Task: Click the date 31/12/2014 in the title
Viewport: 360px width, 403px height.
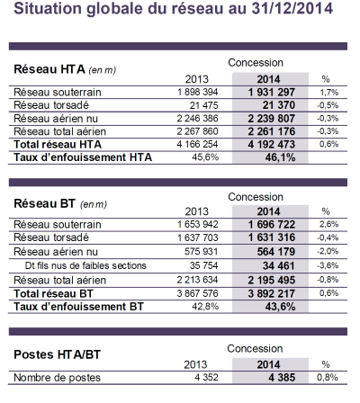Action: pos(292,8)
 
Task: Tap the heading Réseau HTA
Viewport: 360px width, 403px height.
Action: pos(49,69)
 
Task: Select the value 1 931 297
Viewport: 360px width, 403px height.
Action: pos(272,92)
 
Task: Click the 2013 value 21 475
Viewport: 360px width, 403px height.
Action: pos(203,105)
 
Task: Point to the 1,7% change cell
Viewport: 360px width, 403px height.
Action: pos(328,93)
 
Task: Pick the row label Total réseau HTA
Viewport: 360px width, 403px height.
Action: pos(58,145)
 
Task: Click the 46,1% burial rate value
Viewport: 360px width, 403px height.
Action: pos(280,157)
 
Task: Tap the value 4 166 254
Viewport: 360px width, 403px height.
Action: pos(197,144)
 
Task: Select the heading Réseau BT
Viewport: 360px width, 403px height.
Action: pos(44,203)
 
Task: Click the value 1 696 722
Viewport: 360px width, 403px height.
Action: pos(272,224)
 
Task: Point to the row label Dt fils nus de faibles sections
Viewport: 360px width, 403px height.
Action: pos(85,265)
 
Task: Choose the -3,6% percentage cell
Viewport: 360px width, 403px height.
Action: pos(328,265)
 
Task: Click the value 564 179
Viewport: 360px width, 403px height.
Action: pos(276,252)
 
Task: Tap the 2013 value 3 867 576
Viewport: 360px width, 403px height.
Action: pos(197,293)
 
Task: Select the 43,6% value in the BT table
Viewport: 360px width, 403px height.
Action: pos(280,307)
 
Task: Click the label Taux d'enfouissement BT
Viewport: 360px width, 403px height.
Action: pos(78,307)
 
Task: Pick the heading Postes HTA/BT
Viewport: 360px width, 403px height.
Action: pos(57,354)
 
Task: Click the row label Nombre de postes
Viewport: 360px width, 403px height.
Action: pos(57,378)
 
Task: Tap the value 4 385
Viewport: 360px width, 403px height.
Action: pos(282,378)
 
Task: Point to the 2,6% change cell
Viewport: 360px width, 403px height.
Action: pos(328,224)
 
